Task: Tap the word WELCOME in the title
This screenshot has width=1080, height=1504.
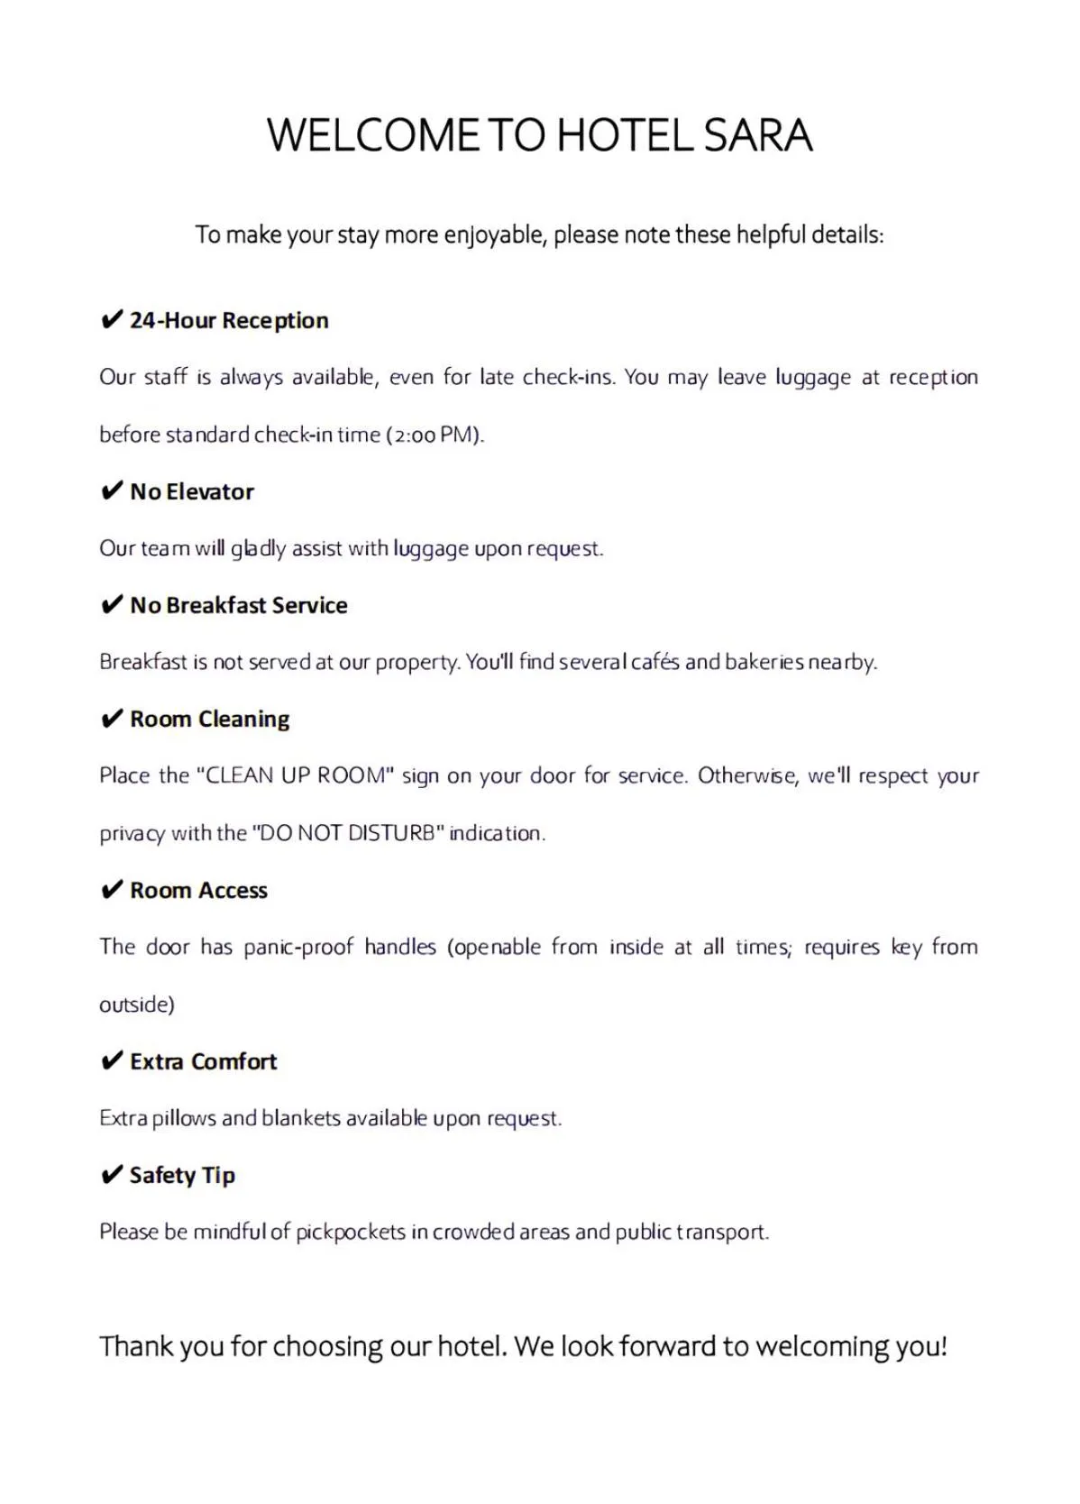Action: click(373, 136)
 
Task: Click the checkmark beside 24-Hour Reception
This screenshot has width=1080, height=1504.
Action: click(111, 320)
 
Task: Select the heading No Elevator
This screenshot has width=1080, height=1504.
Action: click(192, 491)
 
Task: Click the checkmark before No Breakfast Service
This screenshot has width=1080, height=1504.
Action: click(111, 605)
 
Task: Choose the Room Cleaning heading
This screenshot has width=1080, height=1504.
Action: click(210, 719)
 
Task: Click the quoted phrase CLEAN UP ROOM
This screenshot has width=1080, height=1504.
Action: click(295, 776)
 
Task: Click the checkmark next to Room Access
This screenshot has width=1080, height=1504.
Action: click(111, 890)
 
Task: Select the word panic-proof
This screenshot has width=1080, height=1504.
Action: click(298, 947)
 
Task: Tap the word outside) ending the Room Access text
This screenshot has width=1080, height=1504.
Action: click(137, 1004)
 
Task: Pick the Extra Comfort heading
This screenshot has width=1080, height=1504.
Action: click(204, 1061)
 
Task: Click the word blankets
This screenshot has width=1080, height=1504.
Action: click(301, 1118)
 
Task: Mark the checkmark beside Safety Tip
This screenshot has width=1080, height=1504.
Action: click(111, 1175)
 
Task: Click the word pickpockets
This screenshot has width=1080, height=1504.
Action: click(351, 1232)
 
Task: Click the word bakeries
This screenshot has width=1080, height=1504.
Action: click(764, 662)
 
